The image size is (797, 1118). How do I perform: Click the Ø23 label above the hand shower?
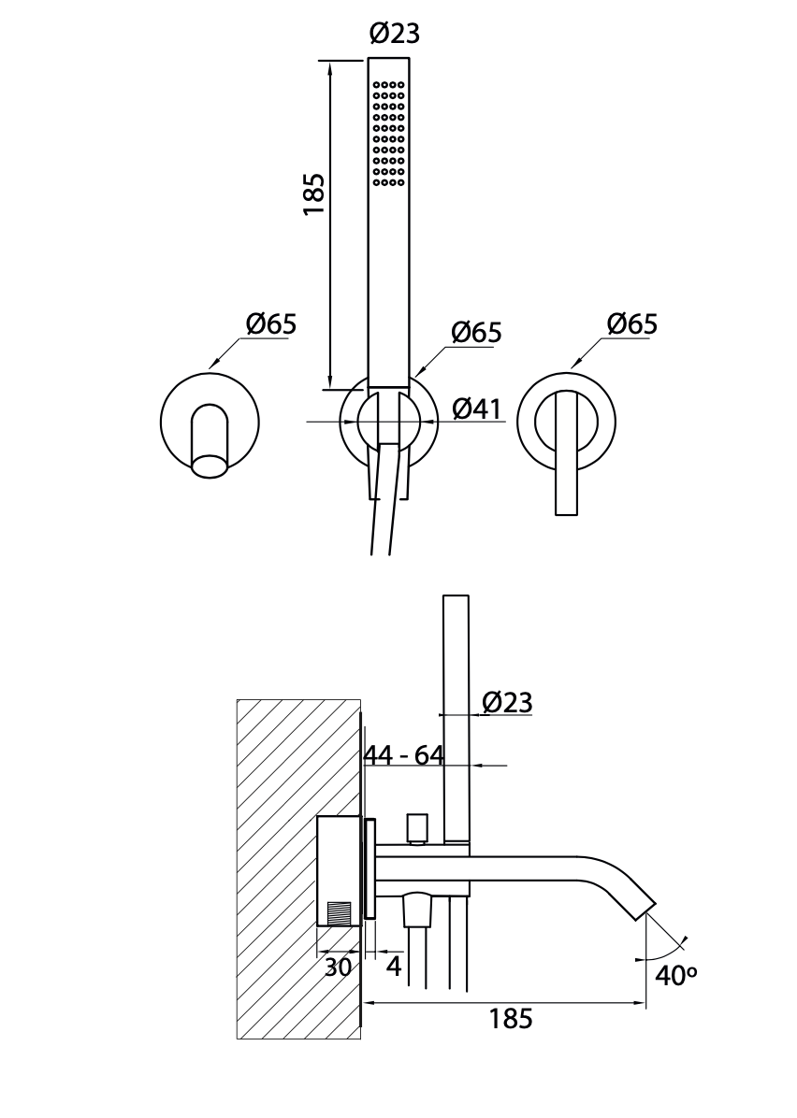click(395, 33)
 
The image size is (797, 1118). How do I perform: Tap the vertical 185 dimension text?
click(313, 193)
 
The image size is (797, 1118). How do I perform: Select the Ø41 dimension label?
click(477, 408)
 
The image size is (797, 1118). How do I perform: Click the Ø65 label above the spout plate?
click(271, 324)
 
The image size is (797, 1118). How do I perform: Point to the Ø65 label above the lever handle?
click(632, 323)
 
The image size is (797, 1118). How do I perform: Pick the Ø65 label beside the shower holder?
click(477, 332)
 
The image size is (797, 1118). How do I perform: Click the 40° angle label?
click(675, 975)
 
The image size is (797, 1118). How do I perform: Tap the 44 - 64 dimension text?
click(404, 755)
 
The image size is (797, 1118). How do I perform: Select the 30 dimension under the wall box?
click(339, 967)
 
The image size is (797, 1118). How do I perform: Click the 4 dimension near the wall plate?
click(394, 967)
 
